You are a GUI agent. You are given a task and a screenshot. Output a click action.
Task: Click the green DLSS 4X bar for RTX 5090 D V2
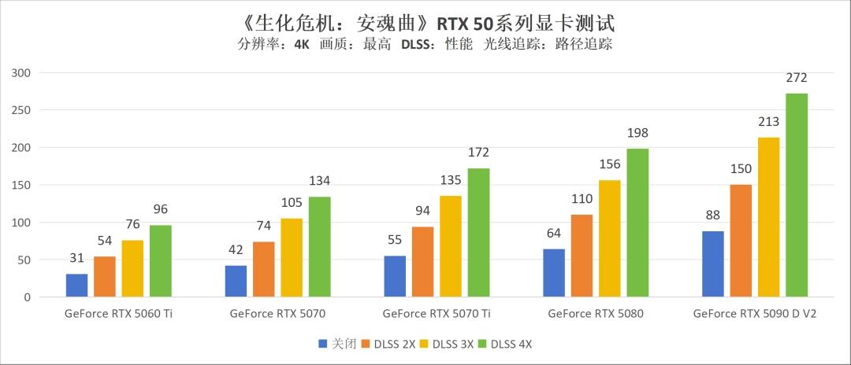[797, 195]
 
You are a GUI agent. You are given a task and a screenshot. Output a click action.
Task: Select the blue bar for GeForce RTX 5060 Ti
[76, 286]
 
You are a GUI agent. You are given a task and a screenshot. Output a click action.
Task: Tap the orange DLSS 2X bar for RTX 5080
[582, 256]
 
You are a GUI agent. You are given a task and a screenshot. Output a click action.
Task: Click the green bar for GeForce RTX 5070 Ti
[478, 233]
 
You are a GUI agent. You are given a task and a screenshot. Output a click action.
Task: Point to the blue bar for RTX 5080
[554, 273]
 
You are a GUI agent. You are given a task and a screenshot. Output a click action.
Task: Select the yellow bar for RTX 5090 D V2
[768, 217]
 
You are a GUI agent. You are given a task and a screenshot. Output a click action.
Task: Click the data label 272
[797, 78]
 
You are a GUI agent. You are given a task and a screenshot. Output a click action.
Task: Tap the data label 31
[76, 259]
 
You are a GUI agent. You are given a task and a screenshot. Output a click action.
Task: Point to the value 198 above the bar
[637, 133]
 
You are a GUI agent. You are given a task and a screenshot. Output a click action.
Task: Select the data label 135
[451, 180]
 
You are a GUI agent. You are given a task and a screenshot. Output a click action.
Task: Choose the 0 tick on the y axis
[26, 298]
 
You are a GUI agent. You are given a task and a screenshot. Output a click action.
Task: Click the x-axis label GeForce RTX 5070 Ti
[437, 314]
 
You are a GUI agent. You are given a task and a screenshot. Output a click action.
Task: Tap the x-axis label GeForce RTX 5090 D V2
[754, 314]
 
